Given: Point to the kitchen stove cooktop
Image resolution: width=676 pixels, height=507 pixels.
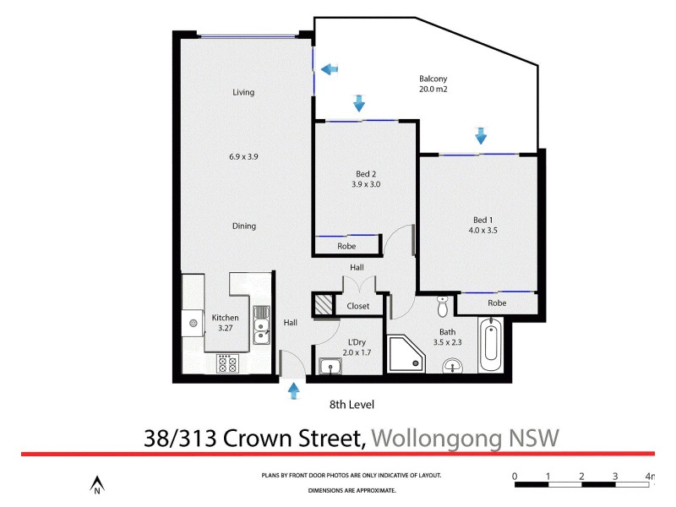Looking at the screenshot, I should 227,363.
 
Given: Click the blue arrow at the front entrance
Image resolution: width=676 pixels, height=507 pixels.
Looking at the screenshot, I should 294,390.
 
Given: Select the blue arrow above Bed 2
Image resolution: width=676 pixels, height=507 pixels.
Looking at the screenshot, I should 359,103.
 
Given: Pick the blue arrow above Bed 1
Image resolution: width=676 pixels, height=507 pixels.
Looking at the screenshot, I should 481,134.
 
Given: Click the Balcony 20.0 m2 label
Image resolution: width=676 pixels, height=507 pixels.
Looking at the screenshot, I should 433,82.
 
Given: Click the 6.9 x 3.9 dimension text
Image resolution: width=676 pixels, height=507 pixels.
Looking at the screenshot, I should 243,156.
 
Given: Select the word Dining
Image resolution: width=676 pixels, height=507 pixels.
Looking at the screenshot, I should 243,226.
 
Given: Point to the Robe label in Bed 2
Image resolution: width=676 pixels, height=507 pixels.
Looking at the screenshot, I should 346,246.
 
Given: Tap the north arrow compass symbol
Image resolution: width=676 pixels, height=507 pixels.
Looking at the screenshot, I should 97,484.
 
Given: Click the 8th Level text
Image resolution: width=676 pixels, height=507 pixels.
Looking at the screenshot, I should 351,404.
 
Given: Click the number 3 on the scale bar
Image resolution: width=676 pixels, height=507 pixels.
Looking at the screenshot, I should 615,476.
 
